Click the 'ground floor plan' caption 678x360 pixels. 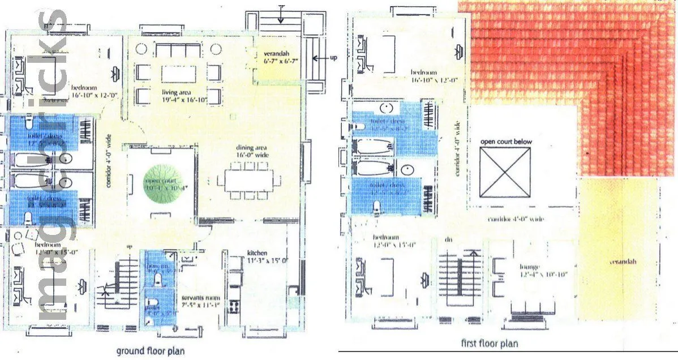point(150,351)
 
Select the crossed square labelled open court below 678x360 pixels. point(505,172)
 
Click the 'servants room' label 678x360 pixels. point(199,299)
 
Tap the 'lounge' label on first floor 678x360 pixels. point(530,267)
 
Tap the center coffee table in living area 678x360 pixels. point(178,74)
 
